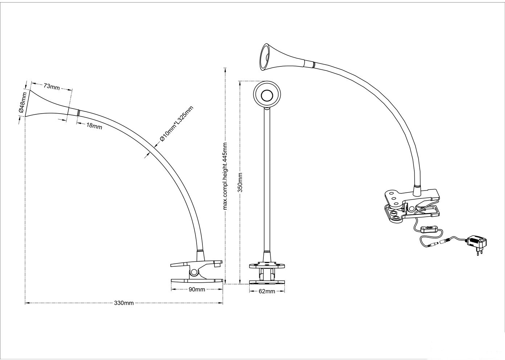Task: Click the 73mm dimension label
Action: pyautogui.click(x=52, y=86)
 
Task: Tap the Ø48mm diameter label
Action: pyautogui.click(x=21, y=103)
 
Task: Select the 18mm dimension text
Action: pyautogui.click(x=94, y=126)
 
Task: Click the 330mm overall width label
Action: pyautogui.click(x=124, y=303)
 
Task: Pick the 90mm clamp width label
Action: pyautogui.click(x=197, y=289)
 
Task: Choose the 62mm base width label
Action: pyautogui.click(x=267, y=291)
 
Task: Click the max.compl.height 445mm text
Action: pyautogui.click(x=225, y=176)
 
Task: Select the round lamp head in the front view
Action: pyautogui.click(x=267, y=95)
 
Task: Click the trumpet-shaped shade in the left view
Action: pyautogui.click(x=47, y=104)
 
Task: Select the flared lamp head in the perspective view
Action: pyautogui.click(x=279, y=58)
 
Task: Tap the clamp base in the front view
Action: pyautogui.click(x=267, y=274)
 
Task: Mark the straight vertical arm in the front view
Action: pyautogui.click(x=267, y=181)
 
